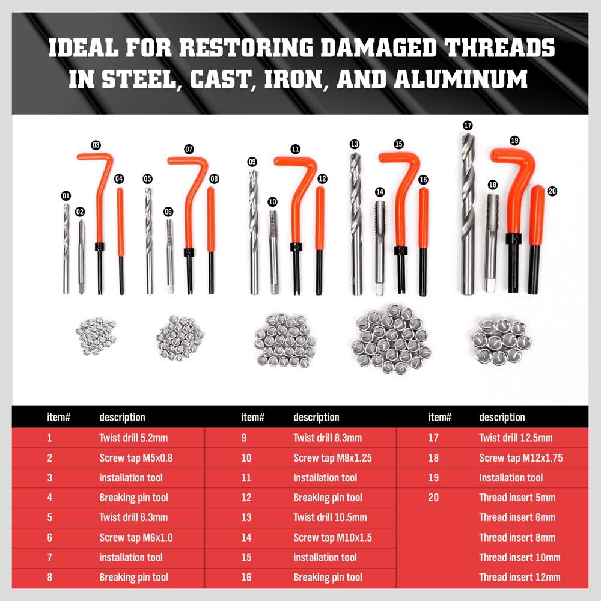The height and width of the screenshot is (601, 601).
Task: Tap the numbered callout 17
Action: coord(468,126)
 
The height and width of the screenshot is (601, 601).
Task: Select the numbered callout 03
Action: coord(96,145)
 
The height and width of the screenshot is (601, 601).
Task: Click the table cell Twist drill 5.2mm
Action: coord(133,438)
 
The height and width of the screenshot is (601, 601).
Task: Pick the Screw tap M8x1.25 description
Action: coord(332,457)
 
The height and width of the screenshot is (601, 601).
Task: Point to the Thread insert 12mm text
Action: coord(519,577)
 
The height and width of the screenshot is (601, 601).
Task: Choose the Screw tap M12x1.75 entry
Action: coord(520,457)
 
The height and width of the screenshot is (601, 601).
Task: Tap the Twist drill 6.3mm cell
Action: coord(133,517)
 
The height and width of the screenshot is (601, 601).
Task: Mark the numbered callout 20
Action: coord(552,191)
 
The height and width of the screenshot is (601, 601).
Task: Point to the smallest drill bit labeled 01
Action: coord(66,246)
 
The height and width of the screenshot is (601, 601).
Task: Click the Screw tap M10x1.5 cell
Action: coord(332,537)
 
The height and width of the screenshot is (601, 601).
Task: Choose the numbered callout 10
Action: coord(273,201)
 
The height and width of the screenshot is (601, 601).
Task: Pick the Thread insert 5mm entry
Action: coord(517,498)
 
